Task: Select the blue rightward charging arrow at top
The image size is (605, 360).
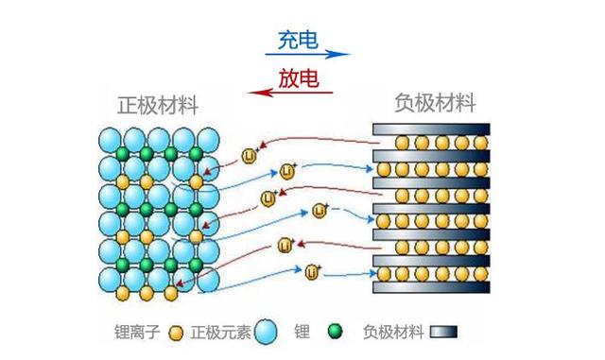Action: pos(306,55)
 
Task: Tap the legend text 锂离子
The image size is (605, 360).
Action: pos(136,333)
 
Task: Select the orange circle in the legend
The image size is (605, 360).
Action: pos(175,333)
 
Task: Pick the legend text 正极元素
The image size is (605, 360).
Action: pos(220,333)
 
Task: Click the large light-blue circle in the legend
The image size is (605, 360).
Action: pos(268,332)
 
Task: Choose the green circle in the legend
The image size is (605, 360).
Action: pos(333,332)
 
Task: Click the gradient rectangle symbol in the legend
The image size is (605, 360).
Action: pos(444,333)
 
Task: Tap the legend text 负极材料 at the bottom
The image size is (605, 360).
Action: pos(392,333)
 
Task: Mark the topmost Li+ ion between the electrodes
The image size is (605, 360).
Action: pos(251,155)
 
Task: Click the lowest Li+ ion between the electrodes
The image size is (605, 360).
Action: pos(312,272)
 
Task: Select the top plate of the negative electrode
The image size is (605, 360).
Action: pos(431,129)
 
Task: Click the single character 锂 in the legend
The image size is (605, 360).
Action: pos(302,333)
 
